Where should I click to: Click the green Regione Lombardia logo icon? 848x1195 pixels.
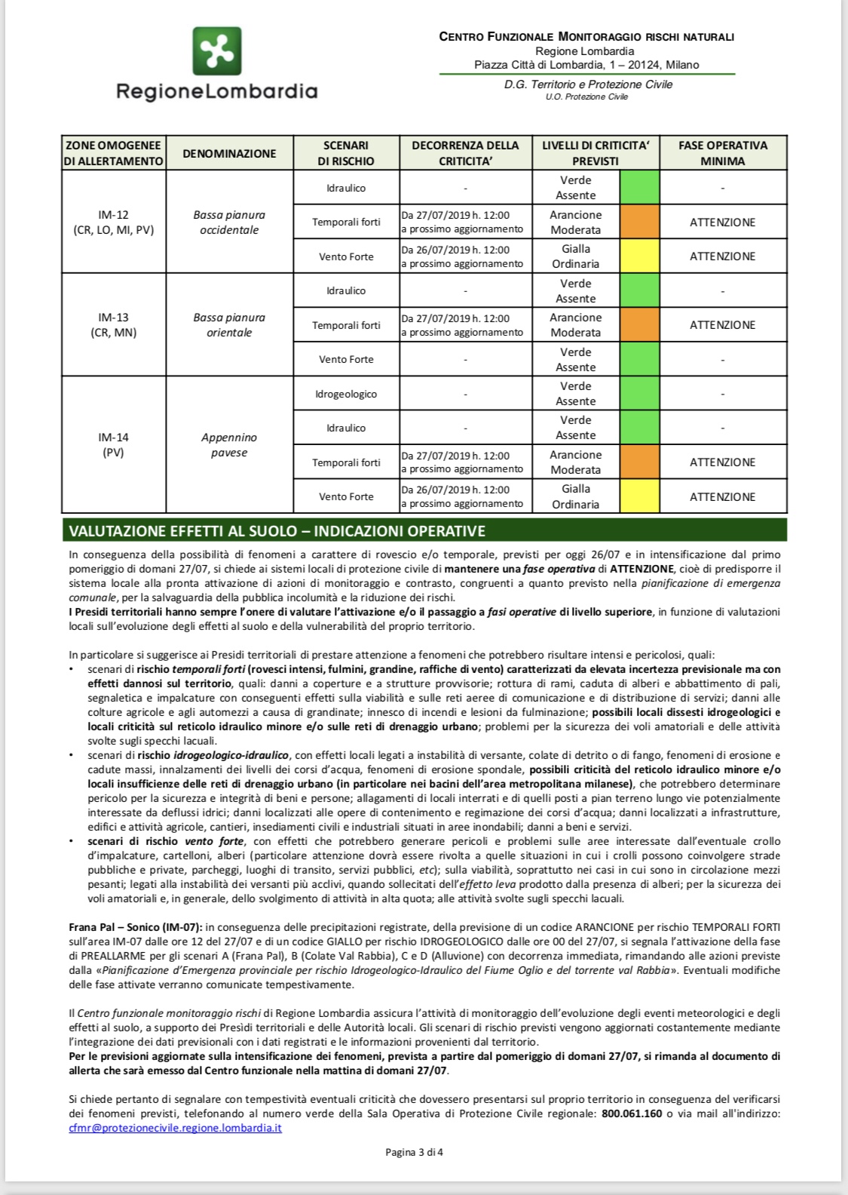(217, 51)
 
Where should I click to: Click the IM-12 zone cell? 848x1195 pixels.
(113, 222)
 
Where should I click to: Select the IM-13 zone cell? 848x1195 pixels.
(113, 324)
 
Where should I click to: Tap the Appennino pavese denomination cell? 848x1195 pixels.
(229, 445)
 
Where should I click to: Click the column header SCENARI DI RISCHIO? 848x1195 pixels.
(346, 153)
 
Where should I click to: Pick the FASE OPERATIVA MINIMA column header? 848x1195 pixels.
(722, 153)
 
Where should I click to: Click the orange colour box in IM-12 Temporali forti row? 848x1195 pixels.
(639, 222)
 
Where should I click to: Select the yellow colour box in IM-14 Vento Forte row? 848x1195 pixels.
(639, 496)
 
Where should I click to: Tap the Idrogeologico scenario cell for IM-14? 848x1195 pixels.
(346, 394)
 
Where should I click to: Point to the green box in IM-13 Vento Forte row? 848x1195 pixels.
(639, 359)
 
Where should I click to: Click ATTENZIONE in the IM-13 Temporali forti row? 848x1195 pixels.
(722, 325)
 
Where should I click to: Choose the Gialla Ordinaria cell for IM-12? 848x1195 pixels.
(576, 257)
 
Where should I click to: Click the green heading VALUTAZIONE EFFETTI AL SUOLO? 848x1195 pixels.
(277, 531)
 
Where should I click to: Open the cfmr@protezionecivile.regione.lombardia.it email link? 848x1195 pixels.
(175, 1128)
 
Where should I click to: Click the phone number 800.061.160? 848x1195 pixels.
(632, 1114)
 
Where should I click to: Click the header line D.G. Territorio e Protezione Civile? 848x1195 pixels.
(588, 84)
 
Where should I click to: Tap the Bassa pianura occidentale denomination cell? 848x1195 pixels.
(229, 222)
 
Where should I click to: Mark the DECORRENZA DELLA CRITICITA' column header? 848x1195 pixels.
(465, 153)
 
